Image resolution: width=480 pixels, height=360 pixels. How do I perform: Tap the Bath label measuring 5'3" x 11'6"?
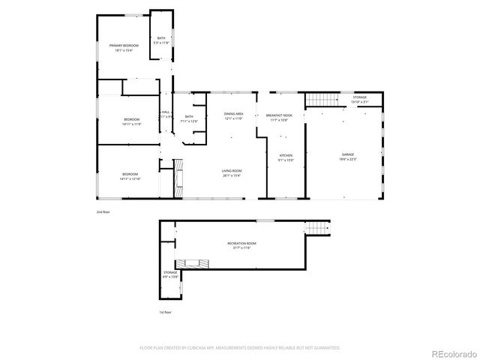(x=160, y=41)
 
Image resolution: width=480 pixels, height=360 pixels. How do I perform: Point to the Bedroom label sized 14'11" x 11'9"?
(x=132, y=121)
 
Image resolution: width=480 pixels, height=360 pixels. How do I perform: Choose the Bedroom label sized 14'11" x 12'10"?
(x=131, y=176)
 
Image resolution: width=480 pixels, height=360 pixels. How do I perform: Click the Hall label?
(x=166, y=115)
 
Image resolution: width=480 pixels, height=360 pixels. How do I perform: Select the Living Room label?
(x=231, y=173)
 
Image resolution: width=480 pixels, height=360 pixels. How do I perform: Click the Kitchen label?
(x=286, y=157)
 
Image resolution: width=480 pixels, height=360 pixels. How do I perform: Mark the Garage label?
(x=347, y=156)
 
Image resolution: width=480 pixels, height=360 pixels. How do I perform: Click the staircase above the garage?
(x=319, y=100)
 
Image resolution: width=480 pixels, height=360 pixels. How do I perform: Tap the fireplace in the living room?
(x=178, y=178)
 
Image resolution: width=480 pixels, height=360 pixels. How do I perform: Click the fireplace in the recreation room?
(x=192, y=264)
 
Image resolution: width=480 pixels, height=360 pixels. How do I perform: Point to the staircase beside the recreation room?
(x=321, y=228)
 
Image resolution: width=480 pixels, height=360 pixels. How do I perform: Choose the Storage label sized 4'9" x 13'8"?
(x=170, y=274)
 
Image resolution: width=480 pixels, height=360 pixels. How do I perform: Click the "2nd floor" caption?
(x=103, y=212)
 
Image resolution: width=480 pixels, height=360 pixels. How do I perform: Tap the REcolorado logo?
(x=451, y=352)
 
